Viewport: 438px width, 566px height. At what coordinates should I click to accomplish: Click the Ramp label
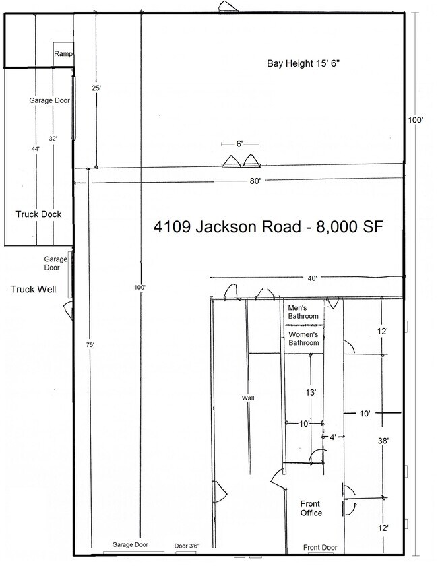(x=63, y=54)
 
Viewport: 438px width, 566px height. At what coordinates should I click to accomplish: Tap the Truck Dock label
(x=38, y=214)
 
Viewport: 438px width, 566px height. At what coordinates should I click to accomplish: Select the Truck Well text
(x=33, y=289)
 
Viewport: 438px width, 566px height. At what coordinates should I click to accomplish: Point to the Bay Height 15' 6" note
(x=303, y=63)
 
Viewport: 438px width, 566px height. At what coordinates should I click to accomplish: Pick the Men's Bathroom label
(x=303, y=312)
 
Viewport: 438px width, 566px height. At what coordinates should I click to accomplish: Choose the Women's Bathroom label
(x=304, y=338)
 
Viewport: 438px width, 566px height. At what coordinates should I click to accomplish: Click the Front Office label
(x=311, y=508)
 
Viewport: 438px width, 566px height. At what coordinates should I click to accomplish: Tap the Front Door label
(x=320, y=548)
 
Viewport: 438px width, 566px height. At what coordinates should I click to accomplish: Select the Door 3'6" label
(x=187, y=546)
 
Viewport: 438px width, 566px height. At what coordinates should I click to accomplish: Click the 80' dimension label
(x=255, y=181)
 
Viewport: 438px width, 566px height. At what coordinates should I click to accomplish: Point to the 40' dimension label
(x=313, y=278)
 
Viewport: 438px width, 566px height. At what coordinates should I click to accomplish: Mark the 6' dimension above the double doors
(x=239, y=144)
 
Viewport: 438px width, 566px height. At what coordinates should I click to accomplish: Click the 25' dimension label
(x=96, y=88)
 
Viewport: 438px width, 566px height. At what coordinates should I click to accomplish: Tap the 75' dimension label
(x=90, y=345)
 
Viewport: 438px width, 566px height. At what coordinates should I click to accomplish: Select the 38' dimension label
(x=383, y=441)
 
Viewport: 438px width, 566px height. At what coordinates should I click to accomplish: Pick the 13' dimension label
(x=311, y=392)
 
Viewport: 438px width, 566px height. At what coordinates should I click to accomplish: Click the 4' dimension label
(x=333, y=437)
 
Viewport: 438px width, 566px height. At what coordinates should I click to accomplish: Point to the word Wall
(x=248, y=398)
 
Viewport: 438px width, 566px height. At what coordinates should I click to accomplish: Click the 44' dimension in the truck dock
(x=36, y=148)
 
